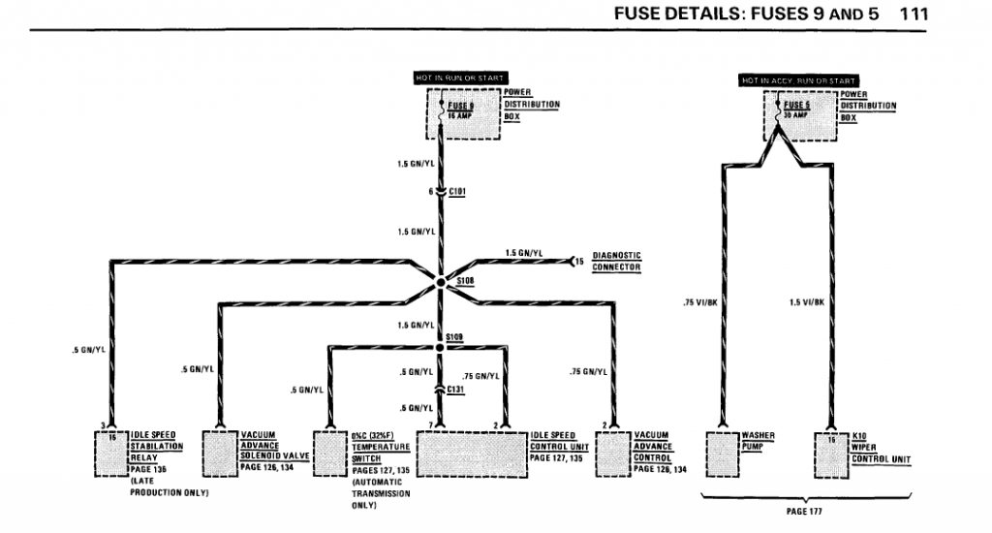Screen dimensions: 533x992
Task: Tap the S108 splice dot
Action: [x=440, y=282]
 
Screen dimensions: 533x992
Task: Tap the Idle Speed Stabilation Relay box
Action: [x=111, y=453]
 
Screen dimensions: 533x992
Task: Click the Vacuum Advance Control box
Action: [x=612, y=453]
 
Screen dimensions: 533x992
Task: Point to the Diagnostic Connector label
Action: [x=616, y=261]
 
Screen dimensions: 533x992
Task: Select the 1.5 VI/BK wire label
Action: [x=805, y=303]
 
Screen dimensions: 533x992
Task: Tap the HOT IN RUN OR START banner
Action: [x=460, y=78]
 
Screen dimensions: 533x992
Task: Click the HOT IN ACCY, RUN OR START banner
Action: [x=798, y=79]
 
